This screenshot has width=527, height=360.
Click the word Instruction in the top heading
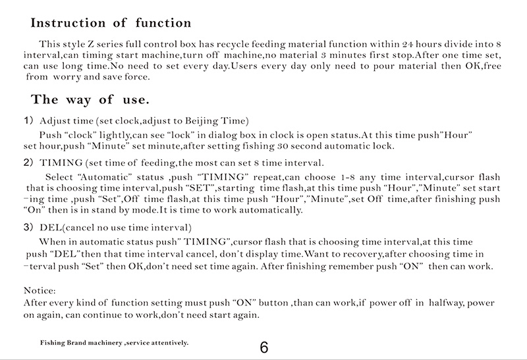[x=72, y=23]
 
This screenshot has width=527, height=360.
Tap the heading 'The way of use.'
[x=90, y=101]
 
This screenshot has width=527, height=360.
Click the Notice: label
[x=40, y=290]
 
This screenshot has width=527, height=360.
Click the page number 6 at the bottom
[x=264, y=347]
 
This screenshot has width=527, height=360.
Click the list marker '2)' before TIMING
[x=28, y=162]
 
